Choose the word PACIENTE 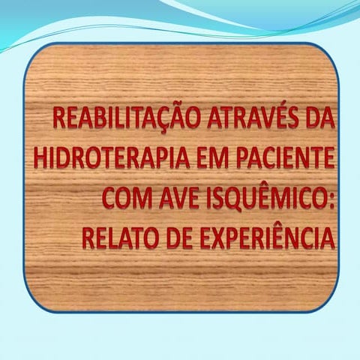click(x=277, y=161)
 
